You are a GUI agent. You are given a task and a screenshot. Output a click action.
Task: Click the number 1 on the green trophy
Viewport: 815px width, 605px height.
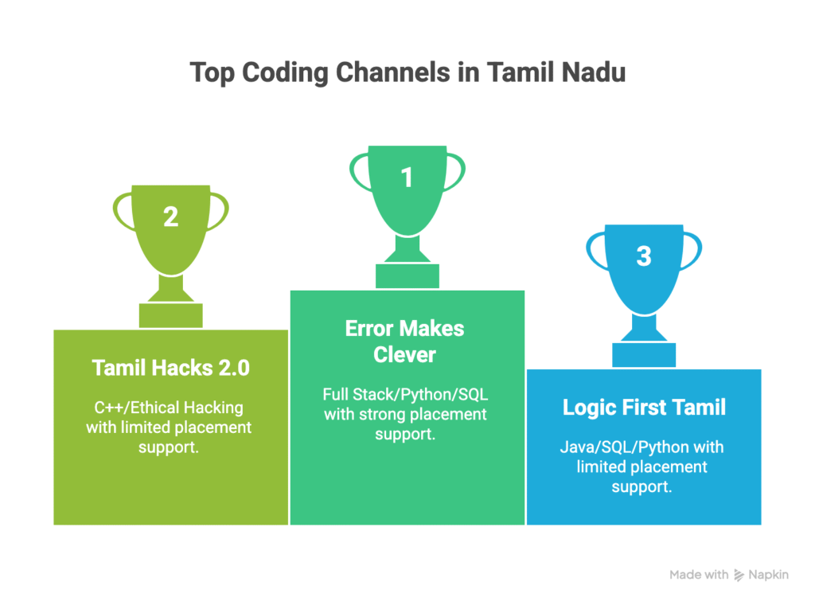coord(407,178)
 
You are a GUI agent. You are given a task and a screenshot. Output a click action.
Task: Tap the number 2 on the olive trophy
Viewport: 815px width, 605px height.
coord(170,217)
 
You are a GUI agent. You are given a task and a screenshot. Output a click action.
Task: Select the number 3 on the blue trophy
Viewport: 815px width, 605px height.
coord(644,256)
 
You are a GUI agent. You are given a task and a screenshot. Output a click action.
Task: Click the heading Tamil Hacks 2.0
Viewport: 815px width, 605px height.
coord(171,368)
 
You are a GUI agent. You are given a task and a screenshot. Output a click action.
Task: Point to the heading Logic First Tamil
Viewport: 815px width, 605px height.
coord(644,408)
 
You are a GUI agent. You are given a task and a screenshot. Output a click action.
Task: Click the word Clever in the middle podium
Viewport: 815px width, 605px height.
coord(404,355)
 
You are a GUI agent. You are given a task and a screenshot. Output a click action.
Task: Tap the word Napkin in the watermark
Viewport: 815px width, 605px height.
coord(768,575)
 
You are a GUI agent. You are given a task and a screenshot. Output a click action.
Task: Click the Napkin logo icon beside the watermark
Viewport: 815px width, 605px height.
coord(739,575)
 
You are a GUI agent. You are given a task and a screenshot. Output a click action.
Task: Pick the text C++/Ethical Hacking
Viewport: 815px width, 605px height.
coord(169,408)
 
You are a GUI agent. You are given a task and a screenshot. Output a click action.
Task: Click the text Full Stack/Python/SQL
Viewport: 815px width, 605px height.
coord(405,395)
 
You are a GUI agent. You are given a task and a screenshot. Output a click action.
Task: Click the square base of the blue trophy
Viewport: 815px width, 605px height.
coord(644,355)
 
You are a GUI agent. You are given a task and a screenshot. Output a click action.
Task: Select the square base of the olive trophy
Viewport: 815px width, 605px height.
coord(171,315)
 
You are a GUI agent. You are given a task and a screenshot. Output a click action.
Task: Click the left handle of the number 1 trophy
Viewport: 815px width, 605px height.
coord(358,171)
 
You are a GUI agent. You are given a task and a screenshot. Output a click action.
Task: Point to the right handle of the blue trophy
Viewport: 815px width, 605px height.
coord(693,252)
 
